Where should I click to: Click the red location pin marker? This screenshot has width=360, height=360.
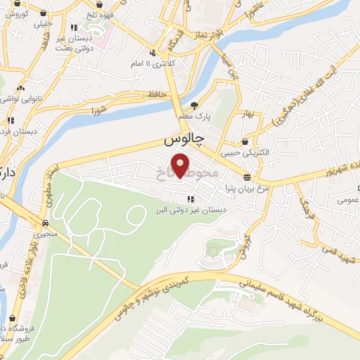pos(181,166)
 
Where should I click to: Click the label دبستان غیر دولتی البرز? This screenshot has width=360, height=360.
pos(191,210)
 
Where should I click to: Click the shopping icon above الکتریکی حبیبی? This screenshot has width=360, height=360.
pos(245,141)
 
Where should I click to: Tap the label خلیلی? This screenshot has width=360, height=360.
pos(44,23)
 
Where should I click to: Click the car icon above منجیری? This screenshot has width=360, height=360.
pos(46,218)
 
